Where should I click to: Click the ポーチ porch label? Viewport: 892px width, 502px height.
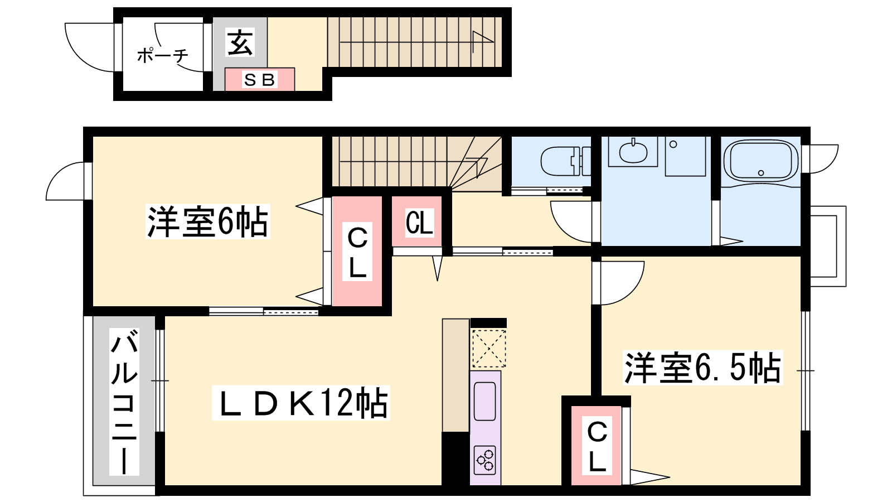click(x=162, y=55)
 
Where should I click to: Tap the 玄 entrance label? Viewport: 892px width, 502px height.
click(x=240, y=42)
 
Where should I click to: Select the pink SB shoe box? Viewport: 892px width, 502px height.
click(x=260, y=80)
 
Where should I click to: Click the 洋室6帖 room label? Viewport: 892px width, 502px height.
click(x=207, y=221)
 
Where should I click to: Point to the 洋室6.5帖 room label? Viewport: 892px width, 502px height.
click(x=702, y=368)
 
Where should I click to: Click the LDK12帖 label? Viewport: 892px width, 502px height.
click(x=300, y=402)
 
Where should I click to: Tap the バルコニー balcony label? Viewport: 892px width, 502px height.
click(x=124, y=402)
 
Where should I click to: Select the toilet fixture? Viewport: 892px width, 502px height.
click(x=565, y=161)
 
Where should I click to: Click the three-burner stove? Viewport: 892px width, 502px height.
click(x=485, y=460)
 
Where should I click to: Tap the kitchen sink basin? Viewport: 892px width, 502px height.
click(x=484, y=401)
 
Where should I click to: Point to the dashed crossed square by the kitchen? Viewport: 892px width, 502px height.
click(x=488, y=348)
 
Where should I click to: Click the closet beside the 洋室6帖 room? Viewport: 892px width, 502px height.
click(x=357, y=252)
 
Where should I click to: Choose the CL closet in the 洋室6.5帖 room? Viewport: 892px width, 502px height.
click(x=596, y=446)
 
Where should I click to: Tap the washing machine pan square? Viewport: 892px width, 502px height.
click(x=685, y=156)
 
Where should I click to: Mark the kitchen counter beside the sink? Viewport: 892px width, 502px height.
click(x=455, y=375)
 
